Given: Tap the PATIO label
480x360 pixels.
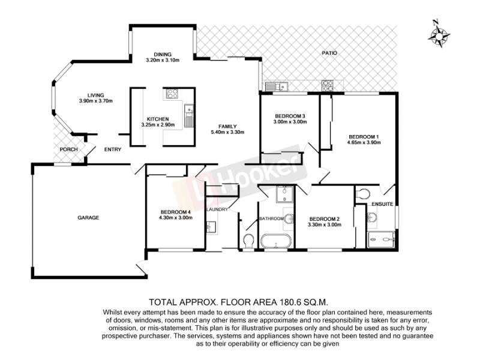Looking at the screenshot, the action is (329, 53).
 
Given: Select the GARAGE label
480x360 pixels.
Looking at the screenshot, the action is (88, 218).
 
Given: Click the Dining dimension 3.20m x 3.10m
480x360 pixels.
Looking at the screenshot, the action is (163, 60).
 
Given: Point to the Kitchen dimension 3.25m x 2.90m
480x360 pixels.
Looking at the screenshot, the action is (158, 125).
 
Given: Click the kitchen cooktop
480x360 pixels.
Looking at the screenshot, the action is (172, 94).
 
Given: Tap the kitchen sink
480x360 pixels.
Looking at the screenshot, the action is (189, 116).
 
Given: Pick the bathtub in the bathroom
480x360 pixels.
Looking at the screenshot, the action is (276, 241).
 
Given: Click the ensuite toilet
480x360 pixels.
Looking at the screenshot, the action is (363, 194).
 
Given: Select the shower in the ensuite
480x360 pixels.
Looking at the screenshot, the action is (381, 239).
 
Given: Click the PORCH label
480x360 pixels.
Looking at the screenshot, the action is (68, 149).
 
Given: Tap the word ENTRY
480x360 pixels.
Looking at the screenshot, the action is (113, 149).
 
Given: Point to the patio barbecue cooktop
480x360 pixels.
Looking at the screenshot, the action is (327, 86).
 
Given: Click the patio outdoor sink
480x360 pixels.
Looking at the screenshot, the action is (277, 86).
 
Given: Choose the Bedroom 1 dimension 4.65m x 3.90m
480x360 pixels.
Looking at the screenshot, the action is (364, 142).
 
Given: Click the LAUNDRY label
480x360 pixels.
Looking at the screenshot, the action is (217, 209).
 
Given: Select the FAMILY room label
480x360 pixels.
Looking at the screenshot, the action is (227, 127).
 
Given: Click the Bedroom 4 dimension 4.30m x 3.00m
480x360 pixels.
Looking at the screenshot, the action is (176, 218).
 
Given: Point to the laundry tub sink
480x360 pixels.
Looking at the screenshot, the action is (211, 227).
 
